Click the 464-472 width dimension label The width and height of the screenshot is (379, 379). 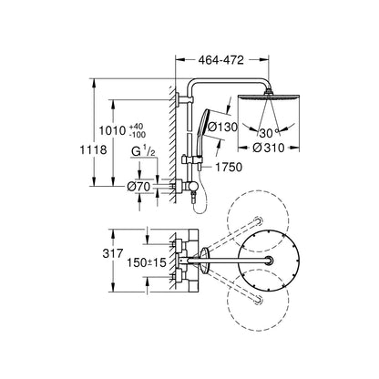point(220,60)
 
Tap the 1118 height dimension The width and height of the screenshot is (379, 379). point(93,149)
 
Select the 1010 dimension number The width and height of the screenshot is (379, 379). point(113,130)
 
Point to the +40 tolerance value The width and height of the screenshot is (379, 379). point(137,127)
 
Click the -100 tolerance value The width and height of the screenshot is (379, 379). point(138,134)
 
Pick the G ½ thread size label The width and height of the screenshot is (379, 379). point(143,151)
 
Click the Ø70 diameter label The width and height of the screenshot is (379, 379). point(138,187)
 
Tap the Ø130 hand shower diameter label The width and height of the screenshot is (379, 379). point(222,127)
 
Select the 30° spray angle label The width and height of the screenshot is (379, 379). point(268,133)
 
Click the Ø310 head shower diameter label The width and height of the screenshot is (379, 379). point(269,148)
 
